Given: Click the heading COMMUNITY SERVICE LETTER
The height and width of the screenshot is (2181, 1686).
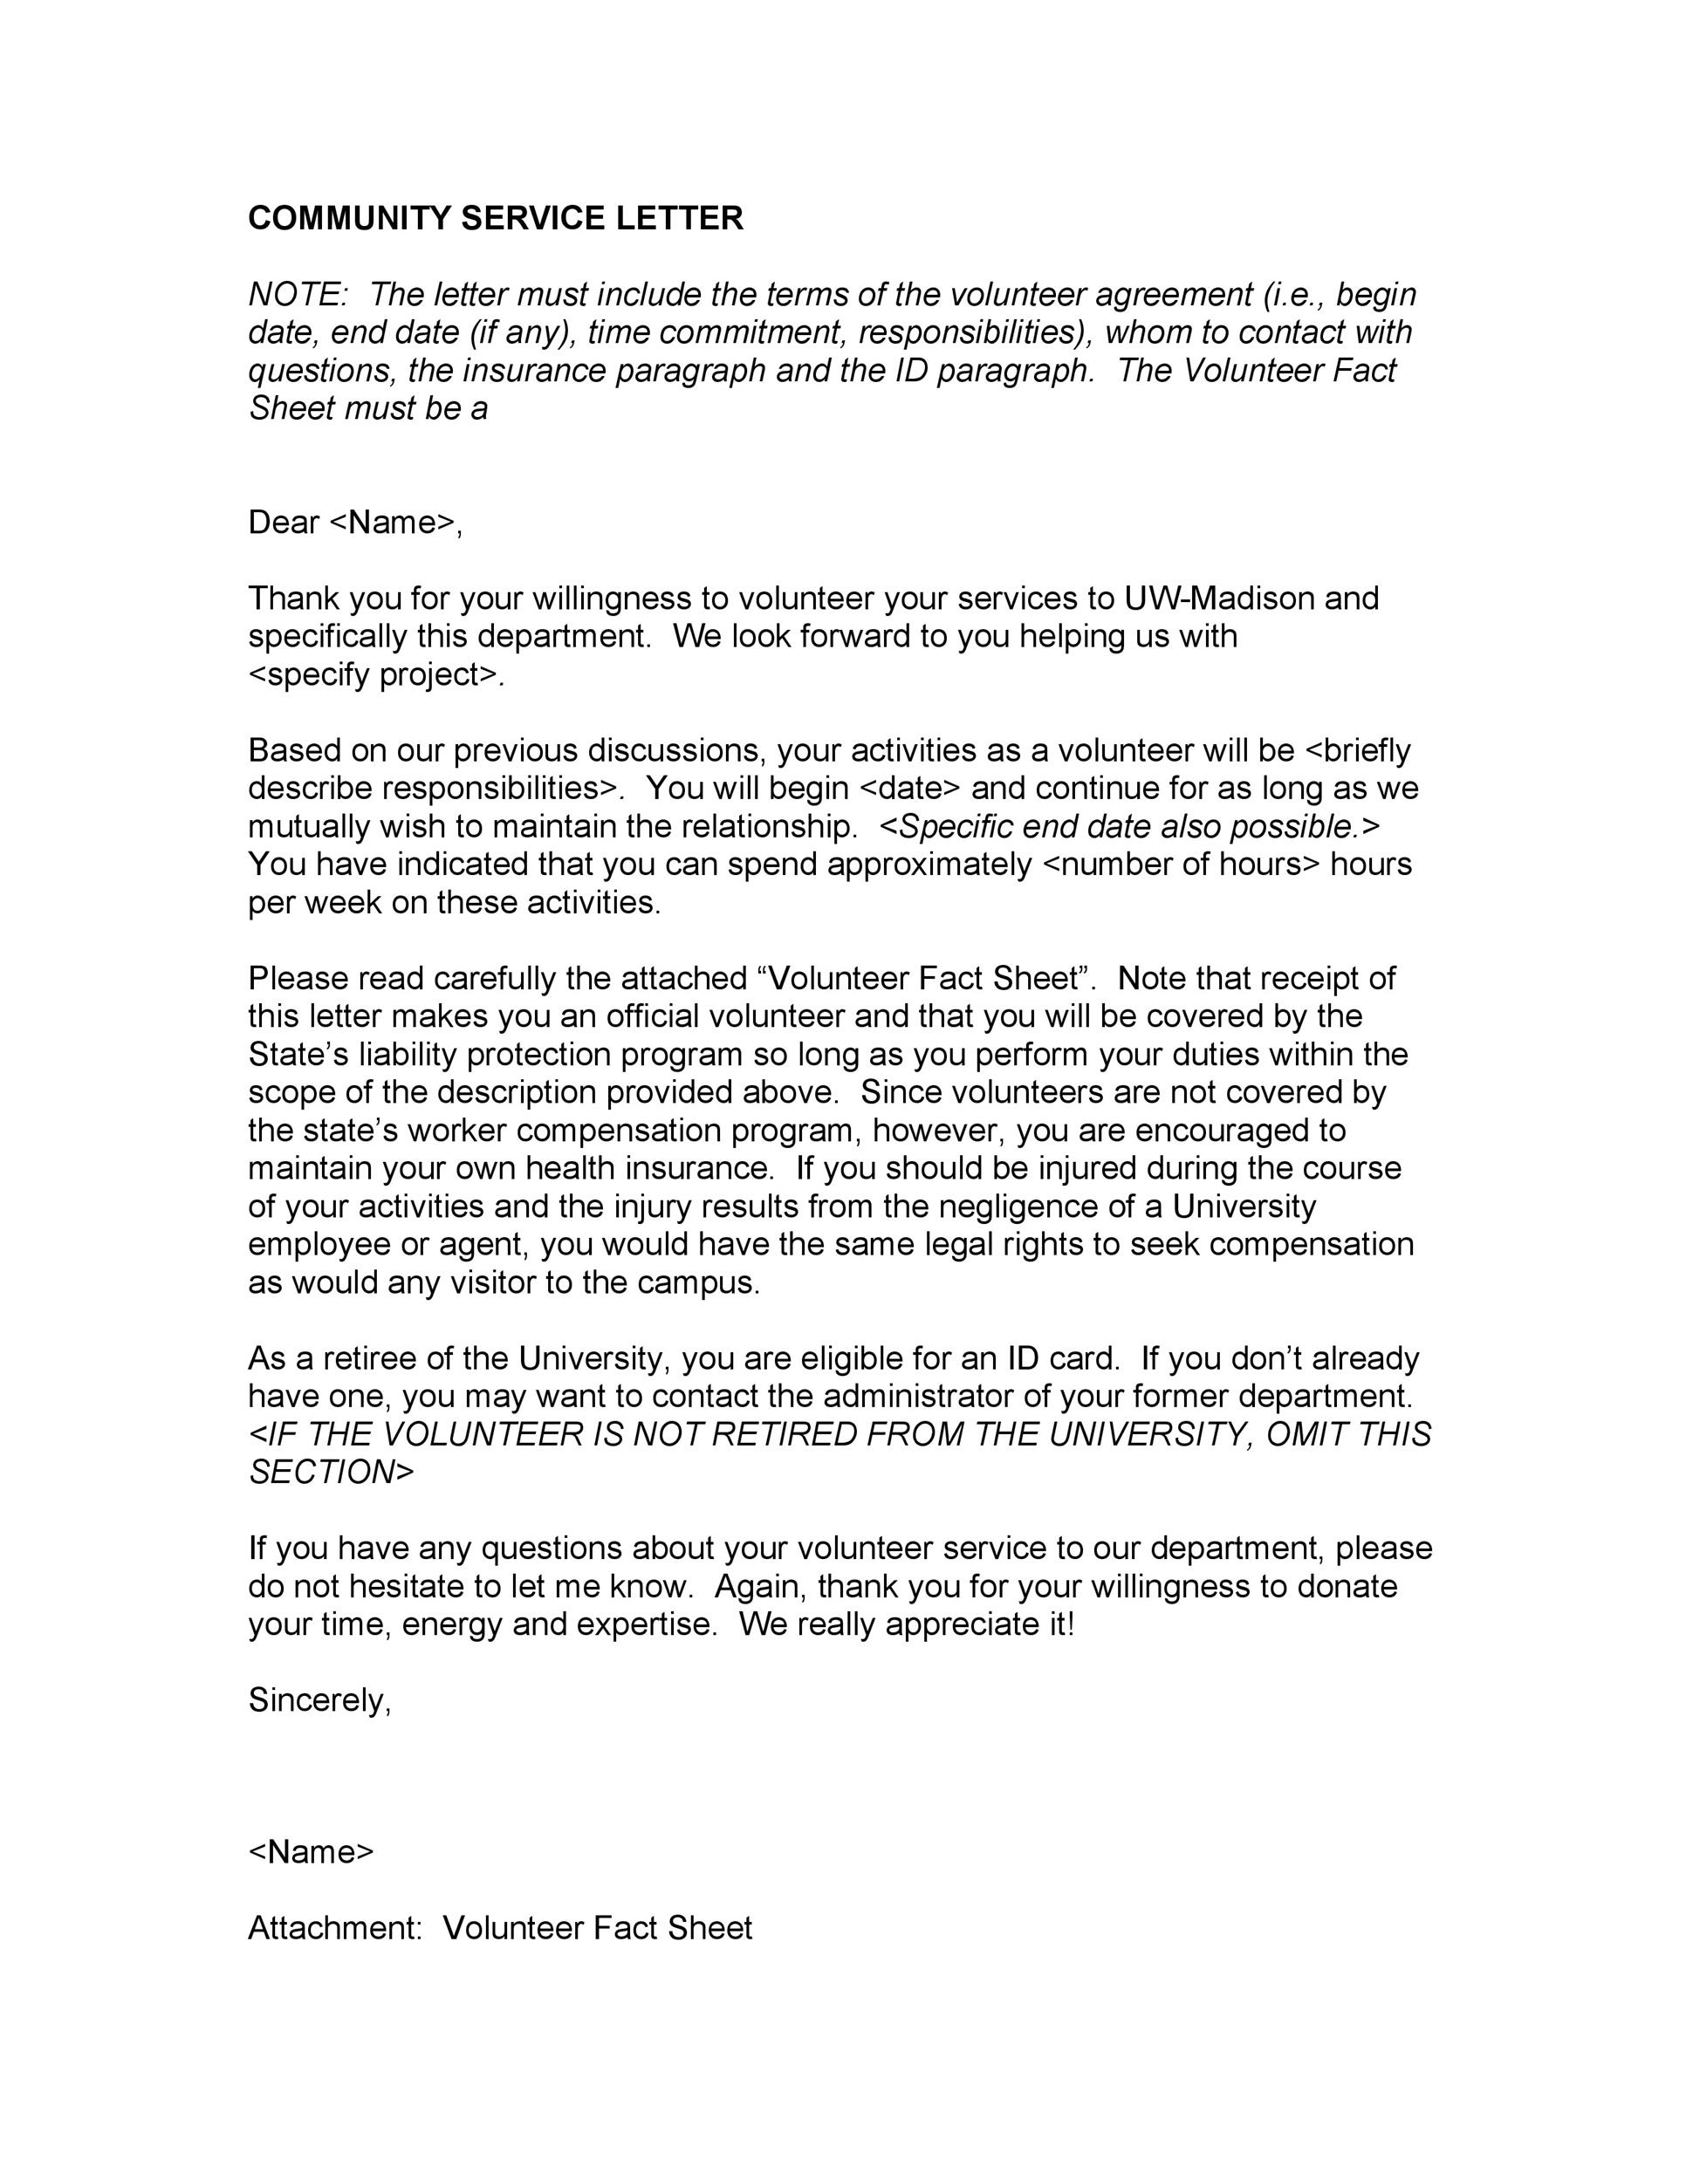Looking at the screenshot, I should [x=496, y=218].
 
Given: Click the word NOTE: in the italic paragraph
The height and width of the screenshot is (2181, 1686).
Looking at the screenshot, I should [x=297, y=295].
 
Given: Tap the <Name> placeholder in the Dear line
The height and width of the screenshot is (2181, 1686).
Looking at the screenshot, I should [x=393, y=523].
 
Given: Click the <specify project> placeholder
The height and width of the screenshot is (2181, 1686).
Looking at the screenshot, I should [x=374, y=675].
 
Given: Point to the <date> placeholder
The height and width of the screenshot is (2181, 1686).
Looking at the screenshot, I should [x=909, y=788].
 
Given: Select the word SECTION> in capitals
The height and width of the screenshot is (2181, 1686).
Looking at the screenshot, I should [x=331, y=1472].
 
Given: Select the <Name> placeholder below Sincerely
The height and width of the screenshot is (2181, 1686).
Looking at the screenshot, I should [x=311, y=1851].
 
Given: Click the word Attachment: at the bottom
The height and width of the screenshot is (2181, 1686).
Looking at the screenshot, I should [x=334, y=1927].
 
